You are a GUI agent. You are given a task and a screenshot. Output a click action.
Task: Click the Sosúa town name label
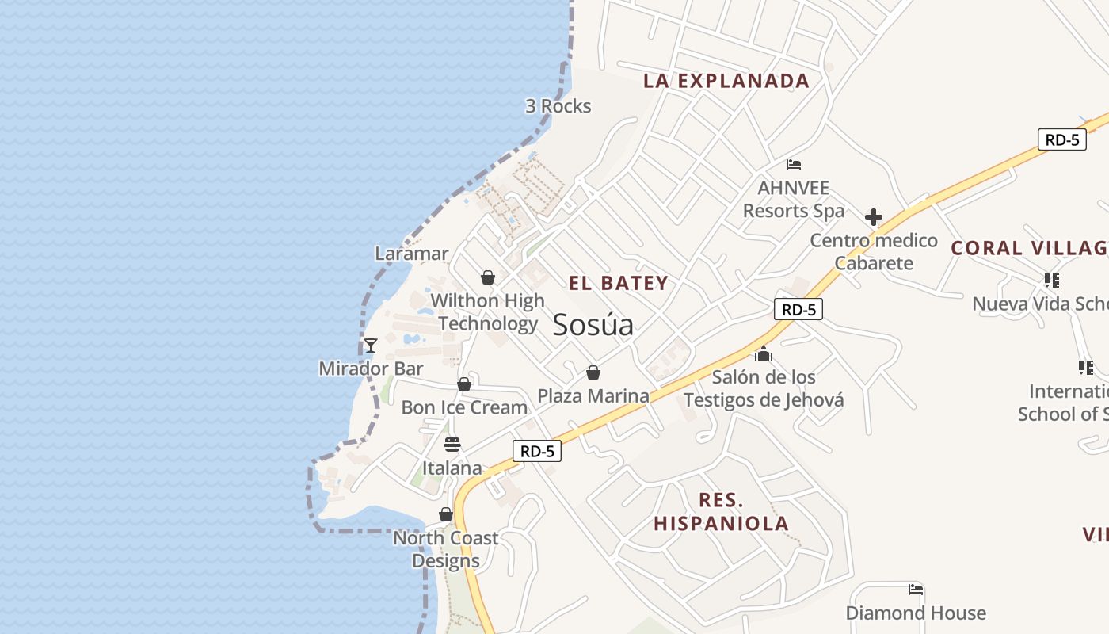click(x=593, y=325)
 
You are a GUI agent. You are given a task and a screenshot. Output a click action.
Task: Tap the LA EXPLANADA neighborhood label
click(x=726, y=80)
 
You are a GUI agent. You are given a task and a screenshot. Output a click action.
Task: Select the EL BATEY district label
click(x=618, y=283)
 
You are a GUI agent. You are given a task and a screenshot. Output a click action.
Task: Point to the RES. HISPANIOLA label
click(x=721, y=512)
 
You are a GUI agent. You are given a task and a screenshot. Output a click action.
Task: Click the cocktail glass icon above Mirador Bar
click(x=370, y=346)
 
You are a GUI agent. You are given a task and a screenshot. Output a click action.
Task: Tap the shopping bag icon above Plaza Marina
click(x=593, y=372)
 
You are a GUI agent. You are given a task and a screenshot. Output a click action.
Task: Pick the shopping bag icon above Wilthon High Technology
click(x=488, y=277)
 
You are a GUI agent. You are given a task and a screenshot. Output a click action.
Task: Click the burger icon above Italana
click(x=452, y=445)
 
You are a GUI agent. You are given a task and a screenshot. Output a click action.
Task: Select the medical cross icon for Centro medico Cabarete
click(x=874, y=217)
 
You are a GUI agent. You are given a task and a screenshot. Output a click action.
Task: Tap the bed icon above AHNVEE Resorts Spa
click(x=794, y=165)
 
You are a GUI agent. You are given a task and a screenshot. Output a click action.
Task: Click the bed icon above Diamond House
click(x=916, y=590)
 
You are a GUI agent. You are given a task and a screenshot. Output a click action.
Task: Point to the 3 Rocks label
click(x=558, y=106)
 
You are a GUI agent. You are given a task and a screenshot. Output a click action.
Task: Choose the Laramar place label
click(x=412, y=254)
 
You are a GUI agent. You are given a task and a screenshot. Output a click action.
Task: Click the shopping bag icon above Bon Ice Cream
click(x=464, y=384)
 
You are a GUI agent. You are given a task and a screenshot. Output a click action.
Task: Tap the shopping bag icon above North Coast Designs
click(x=446, y=515)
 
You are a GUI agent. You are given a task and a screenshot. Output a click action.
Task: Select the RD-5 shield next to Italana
click(x=537, y=451)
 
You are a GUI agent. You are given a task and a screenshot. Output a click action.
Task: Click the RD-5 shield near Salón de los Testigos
click(x=798, y=309)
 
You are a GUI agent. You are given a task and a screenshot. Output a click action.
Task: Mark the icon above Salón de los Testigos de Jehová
click(x=763, y=353)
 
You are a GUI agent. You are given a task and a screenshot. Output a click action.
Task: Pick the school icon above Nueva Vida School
click(x=1052, y=280)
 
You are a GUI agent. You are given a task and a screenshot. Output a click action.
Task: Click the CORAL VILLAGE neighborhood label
click(x=1029, y=247)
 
